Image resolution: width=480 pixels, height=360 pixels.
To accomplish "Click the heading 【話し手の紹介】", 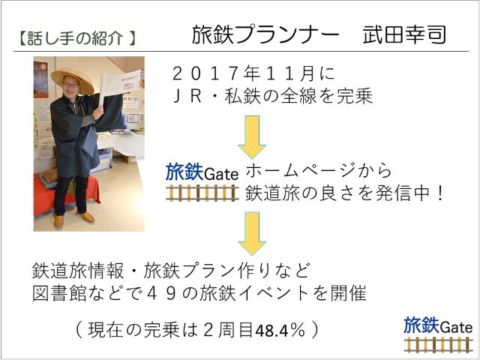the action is click(x=76, y=38).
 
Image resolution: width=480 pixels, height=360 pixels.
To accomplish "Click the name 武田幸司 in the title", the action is click(x=404, y=34).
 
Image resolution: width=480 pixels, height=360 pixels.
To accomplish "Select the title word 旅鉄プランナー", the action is click(x=265, y=34).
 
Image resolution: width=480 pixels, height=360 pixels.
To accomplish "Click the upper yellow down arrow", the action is click(x=252, y=136).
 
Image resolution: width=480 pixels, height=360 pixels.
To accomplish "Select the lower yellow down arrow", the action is click(x=252, y=233).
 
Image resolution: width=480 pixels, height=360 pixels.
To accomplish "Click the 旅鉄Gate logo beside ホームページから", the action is click(x=202, y=181).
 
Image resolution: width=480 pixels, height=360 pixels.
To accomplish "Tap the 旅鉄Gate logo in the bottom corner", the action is click(x=438, y=334).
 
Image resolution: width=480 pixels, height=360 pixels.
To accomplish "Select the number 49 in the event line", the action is click(x=162, y=293).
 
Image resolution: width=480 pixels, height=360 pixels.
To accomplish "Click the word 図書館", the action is click(x=59, y=293).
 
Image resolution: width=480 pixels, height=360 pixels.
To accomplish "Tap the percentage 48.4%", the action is click(x=280, y=330).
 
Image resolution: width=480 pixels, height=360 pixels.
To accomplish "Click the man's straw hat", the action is click(x=73, y=80).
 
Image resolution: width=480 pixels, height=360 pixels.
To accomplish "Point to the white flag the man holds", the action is click(x=120, y=82).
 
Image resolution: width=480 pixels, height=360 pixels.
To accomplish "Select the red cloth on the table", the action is click(x=66, y=193).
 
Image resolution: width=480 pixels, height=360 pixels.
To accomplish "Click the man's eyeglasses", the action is click(x=70, y=85).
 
